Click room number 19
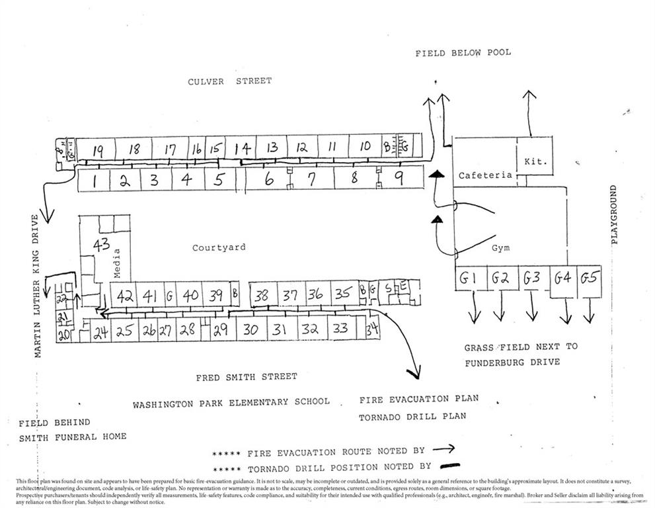[x=98, y=150]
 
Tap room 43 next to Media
[x=101, y=245]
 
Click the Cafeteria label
[x=486, y=175]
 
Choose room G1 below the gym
[x=468, y=279]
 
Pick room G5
[x=588, y=278]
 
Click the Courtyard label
[x=219, y=247]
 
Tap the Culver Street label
[x=229, y=81]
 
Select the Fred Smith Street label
[x=246, y=377]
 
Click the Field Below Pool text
[x=463, y=53]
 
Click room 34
[x=372, y=329]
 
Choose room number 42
[x=125, y=297]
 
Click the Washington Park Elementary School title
[x=231, y=402]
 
